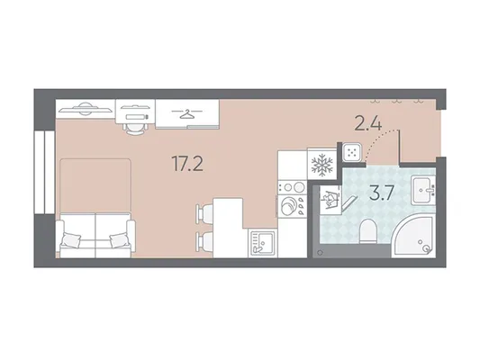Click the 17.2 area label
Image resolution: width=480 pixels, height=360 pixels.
coord(187,163)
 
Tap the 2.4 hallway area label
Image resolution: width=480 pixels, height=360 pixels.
coord(368,124)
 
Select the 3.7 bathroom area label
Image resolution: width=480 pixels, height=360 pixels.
coord(381,193)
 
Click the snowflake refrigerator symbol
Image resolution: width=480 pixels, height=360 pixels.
coord(322,165)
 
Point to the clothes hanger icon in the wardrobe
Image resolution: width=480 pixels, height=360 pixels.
coord(187,113)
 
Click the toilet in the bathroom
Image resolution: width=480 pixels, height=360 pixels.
coord(367,231)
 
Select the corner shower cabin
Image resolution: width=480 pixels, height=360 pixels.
coord(413,237)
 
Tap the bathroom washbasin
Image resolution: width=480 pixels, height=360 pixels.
coord(423,190)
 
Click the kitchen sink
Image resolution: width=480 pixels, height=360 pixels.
coord(262,243)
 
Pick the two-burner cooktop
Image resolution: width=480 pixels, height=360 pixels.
coord(293,186)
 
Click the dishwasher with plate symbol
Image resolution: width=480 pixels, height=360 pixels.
coord(293,205)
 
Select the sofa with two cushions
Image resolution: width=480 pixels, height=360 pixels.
coord(95,236)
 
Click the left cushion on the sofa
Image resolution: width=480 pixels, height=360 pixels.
coord(70,238)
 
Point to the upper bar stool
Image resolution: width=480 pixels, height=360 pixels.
coord(204,211)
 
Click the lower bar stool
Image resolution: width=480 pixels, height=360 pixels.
coord(204,240)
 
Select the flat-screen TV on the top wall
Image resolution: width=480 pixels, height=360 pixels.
coord(85,109)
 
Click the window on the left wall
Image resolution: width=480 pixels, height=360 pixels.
coord(44,172)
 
